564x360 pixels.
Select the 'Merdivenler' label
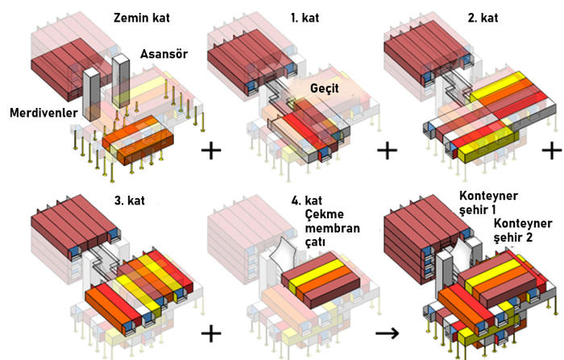coord(43,114)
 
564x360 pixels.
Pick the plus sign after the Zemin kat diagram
coord(212,150)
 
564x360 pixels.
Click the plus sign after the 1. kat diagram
coord(388,150)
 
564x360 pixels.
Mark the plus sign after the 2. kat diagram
coord(552,151)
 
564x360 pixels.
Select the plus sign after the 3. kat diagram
coord(210,331)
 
